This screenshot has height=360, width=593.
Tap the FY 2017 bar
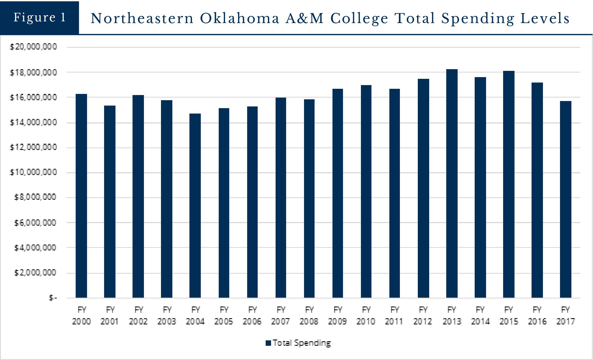click(x=565, y=199)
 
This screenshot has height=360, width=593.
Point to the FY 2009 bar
click(x=338, y=193)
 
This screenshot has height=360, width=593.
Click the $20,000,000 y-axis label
click(x=33, y=47)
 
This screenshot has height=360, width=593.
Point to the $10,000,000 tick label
click(x=33, y=172)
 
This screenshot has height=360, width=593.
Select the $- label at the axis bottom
click(x=53, y=298)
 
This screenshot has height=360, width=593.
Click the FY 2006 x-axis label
click(x=252, y=315)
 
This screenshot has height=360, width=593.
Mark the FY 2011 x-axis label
click(x=394, y=315)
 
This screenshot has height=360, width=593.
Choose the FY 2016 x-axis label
click(x=537, y=315)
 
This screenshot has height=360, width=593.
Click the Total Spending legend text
click(x=302, y=343)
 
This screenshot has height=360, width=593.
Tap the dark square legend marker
click(x=268, y=343)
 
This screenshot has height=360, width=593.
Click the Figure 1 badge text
click(x=40, y=17)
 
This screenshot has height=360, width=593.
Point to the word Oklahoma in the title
click(x=239, y=18)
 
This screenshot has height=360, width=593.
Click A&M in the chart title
click(x=305, y=18)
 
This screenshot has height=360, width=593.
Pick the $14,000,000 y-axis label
click(x=33, y=122)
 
